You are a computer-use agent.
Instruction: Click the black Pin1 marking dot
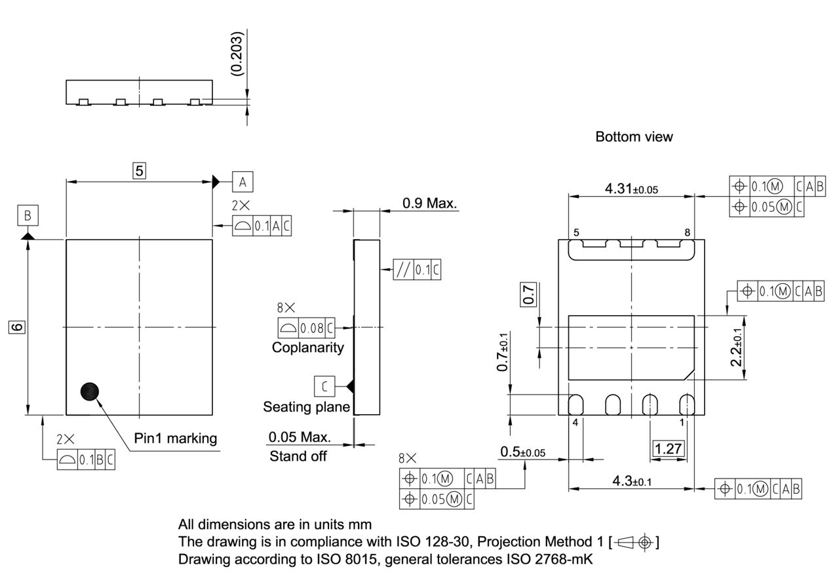coord(90,391)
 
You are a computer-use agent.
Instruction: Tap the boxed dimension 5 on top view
coord(139,170)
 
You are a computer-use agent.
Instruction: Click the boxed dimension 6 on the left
coord(17,326)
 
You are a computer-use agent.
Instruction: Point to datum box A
coord(242,182)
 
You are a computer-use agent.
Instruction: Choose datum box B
coord(28,215)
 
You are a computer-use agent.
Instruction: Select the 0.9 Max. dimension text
coord(429,203)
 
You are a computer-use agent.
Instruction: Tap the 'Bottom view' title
coord(634,136)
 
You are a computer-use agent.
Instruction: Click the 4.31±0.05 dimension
coord(631,189)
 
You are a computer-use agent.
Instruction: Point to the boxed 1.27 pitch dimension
coord(669,449)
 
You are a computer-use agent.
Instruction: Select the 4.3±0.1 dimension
coord(632,481)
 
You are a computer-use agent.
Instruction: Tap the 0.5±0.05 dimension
coord(522,452)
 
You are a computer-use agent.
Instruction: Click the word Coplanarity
coord(307,347)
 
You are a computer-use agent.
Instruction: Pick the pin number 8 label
coord(687,233)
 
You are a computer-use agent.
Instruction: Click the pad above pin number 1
coord(686,404)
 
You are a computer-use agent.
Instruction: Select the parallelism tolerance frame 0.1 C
coord(417,269)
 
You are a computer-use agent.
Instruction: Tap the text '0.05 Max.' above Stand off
coord(300,437)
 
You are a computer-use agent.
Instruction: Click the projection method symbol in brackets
coord(634,542)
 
